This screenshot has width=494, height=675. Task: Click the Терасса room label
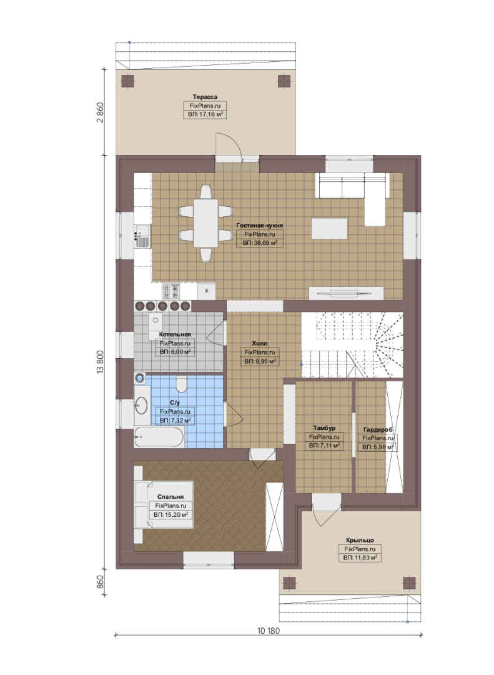click(x=205, y=97)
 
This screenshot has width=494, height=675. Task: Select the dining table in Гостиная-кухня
click(x=205, y=223)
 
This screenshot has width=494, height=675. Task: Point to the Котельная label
click(x=175, y=334)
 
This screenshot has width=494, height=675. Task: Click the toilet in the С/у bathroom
click(x=182, y=384)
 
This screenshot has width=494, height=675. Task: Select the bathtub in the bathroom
click(x=159, y=437)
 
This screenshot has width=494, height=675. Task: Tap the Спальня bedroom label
click(x=170, y=497)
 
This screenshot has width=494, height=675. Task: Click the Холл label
click(x=259, y=343)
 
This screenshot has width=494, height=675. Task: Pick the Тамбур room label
click(x=324, y=428)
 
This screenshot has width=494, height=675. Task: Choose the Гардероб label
click(x=378, y=429)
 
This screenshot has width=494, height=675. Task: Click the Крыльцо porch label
click(x=360, y=540)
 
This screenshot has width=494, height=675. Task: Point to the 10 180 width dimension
click(x=269, y=631)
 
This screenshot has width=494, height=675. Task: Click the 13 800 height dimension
click(x=101, y=362)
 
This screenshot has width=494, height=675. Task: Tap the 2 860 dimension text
click(x=101, y=112)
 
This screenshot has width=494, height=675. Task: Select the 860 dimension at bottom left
click(x=101, y=582)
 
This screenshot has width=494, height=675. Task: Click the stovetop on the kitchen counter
click(x=171, y=291)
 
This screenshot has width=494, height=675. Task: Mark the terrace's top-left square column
click(x=128, y=81)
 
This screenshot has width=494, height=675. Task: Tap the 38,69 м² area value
click(x=260, y=243)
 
